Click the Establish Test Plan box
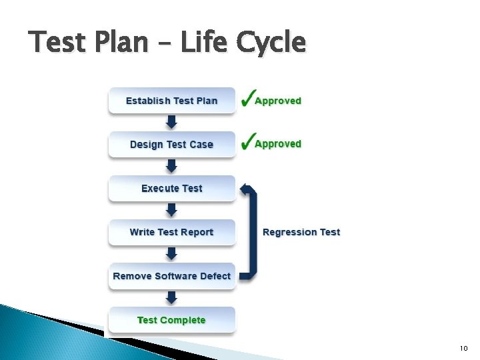pyautogui.click(x=172, y=101)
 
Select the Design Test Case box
pyautogui.click(x=172, y=145)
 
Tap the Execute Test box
pyautogui.click(x=172, y=189)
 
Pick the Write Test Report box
pyautogui.click(x=172, y=232)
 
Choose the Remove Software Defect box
pyautogui.click(x=172, y=276)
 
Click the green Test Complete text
pyautogui.click(x=171, y=320)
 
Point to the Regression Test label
pyautogui.click(x=301, y=232)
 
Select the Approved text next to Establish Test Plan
pyautogui.click(x=278, y=101)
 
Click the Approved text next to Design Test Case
pyautogui.click(x=278, y=144)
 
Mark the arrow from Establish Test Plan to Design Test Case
pyautogui.click(x=171, y=122)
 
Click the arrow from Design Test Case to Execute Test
pyautogui.click(x=171, y=166)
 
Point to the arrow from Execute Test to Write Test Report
pyautogui.click(x=171, y=210)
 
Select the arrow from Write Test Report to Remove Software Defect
pyautogui.click(x=171, y=254)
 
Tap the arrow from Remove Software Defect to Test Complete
pyautogui.click(x=171, y=297)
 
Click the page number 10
pyautogui.click(x=464, y=349)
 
